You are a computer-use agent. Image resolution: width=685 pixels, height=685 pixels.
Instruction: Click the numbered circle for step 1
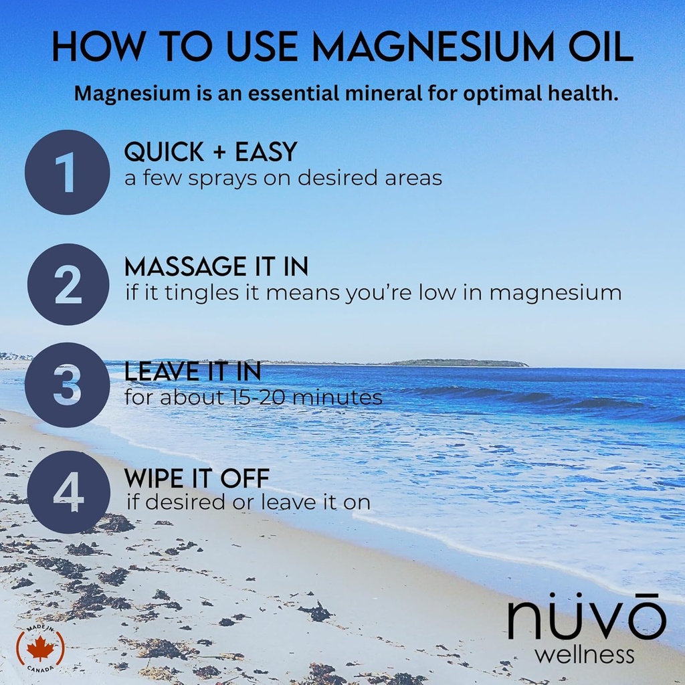67,172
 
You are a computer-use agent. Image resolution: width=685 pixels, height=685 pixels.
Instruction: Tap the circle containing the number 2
68,284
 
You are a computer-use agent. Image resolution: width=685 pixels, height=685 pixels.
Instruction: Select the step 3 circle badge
67,385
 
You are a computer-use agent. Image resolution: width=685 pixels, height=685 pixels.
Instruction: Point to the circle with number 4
68,492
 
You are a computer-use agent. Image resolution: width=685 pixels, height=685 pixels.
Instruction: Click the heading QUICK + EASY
210,153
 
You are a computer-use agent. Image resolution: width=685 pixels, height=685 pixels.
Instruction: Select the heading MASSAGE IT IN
216,267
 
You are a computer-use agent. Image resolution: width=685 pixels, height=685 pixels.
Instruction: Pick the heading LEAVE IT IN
192,371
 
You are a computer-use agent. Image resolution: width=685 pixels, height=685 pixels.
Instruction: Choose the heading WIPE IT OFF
197,478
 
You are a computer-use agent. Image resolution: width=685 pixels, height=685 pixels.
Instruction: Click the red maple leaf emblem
41,648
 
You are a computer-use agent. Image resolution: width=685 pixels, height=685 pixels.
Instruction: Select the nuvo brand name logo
586,619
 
